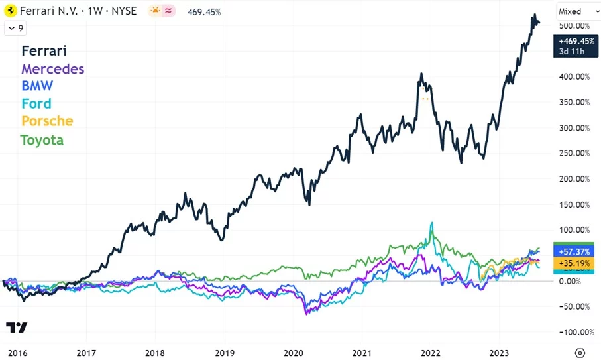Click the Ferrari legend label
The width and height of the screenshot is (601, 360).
(44, 51)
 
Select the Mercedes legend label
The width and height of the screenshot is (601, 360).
(52, 68)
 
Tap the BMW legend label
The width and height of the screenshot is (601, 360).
(37, 86)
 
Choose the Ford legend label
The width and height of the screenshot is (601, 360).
(36, 103)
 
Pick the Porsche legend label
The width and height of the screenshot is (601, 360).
(46, 121)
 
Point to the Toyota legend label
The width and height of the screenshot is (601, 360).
(42, 139)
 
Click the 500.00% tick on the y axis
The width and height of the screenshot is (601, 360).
(573, 26)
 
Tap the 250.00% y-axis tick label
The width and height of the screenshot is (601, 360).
(573, 153)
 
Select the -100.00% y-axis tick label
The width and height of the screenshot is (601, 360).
(573, 331)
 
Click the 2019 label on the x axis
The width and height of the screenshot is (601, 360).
(225, 353)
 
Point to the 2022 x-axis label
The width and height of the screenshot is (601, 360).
(431, 353)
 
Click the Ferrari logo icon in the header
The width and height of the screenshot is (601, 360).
(11, 11)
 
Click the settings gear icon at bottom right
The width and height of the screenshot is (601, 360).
(580, 353)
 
